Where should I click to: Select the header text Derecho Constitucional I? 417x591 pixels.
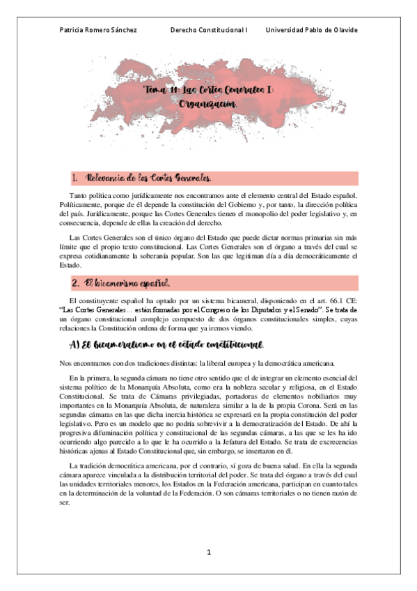point(209,30)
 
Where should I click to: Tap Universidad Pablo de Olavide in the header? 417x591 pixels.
point(312,30)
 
